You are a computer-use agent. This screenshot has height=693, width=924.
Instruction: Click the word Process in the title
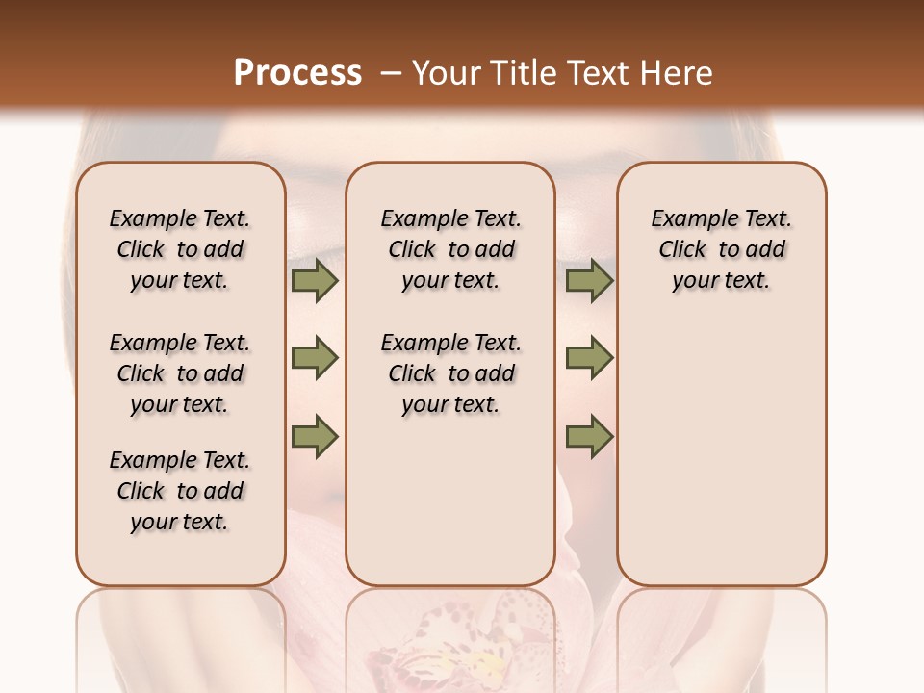click(297, 72)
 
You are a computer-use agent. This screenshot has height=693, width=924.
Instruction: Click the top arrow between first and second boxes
click(315, 280)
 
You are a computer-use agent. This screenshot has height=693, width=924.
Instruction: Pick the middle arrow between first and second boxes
click(315, 358)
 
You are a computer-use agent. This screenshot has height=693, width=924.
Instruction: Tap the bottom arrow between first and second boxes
click(315, 436)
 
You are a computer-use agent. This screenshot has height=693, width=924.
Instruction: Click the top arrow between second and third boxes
click(589, 280)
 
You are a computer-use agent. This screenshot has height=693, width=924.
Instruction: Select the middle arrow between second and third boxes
click(589, 358)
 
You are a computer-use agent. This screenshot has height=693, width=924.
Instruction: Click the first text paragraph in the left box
click(180, 249)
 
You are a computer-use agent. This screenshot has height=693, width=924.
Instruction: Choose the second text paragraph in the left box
click(180, 373)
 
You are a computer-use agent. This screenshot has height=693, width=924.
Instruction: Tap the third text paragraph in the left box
click(180, 491)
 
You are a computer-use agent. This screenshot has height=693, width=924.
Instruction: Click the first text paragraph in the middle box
click(450, 249)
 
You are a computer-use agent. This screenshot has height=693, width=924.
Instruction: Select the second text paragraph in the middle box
click(450, 373)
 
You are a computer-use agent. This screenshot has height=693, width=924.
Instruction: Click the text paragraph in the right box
click(722, 249)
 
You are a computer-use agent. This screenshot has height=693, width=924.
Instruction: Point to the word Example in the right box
click(684, 219)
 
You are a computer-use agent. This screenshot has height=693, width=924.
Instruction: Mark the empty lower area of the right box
click(722, 452)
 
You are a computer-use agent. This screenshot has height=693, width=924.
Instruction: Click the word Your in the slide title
click(447, 72)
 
